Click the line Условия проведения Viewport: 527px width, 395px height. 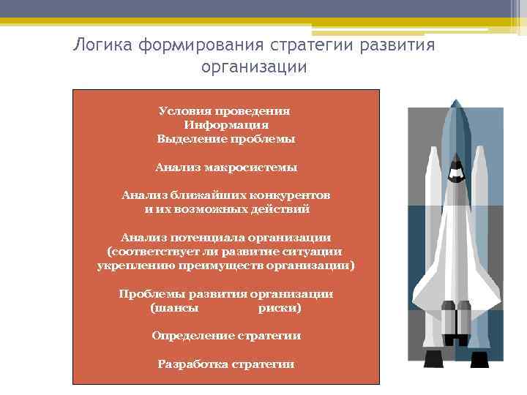point(225,111)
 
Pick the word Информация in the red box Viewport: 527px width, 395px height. point(225,125)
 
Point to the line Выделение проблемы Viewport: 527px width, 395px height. point(225,138)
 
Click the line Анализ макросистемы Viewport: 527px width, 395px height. point(225,168)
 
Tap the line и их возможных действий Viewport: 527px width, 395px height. point(227,209)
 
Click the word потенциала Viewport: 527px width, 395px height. point(207,238)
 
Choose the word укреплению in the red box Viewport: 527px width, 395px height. point(130,266)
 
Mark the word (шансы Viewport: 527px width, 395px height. point(173,308)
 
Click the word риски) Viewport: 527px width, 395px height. point(279,308)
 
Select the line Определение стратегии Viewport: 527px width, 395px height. point(226,336)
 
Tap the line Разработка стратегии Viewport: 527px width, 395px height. point(226,364)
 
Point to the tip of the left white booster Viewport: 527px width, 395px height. point(432,150)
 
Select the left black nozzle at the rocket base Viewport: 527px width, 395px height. point(433,358)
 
